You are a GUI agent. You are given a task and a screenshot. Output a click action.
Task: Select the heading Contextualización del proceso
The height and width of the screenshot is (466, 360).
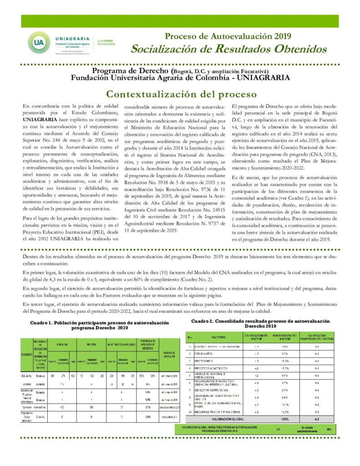[181, 94]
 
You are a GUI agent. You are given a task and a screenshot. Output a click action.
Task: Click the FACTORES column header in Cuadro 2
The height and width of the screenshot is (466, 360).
[218, 337]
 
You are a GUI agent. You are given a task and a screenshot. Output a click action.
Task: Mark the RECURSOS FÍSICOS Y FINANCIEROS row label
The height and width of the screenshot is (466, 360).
[216, 411]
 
